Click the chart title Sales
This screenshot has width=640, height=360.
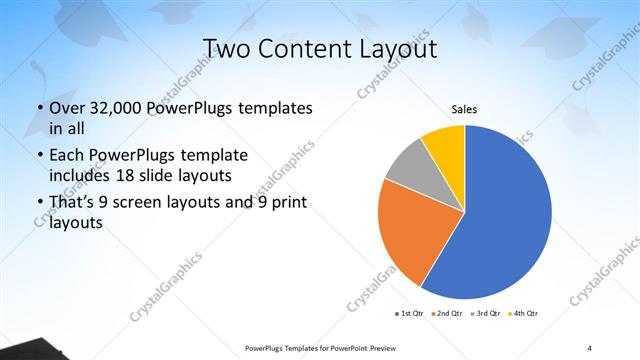[x=463, y=109]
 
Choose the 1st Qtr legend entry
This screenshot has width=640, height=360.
[x=408, y=314]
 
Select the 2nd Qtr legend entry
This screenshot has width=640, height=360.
[x=445, y=314]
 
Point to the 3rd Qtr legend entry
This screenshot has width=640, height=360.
[x=484, y=314]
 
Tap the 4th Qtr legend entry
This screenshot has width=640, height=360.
[x=523, y=314]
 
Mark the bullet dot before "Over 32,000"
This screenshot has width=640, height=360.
[x=39, y=108]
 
